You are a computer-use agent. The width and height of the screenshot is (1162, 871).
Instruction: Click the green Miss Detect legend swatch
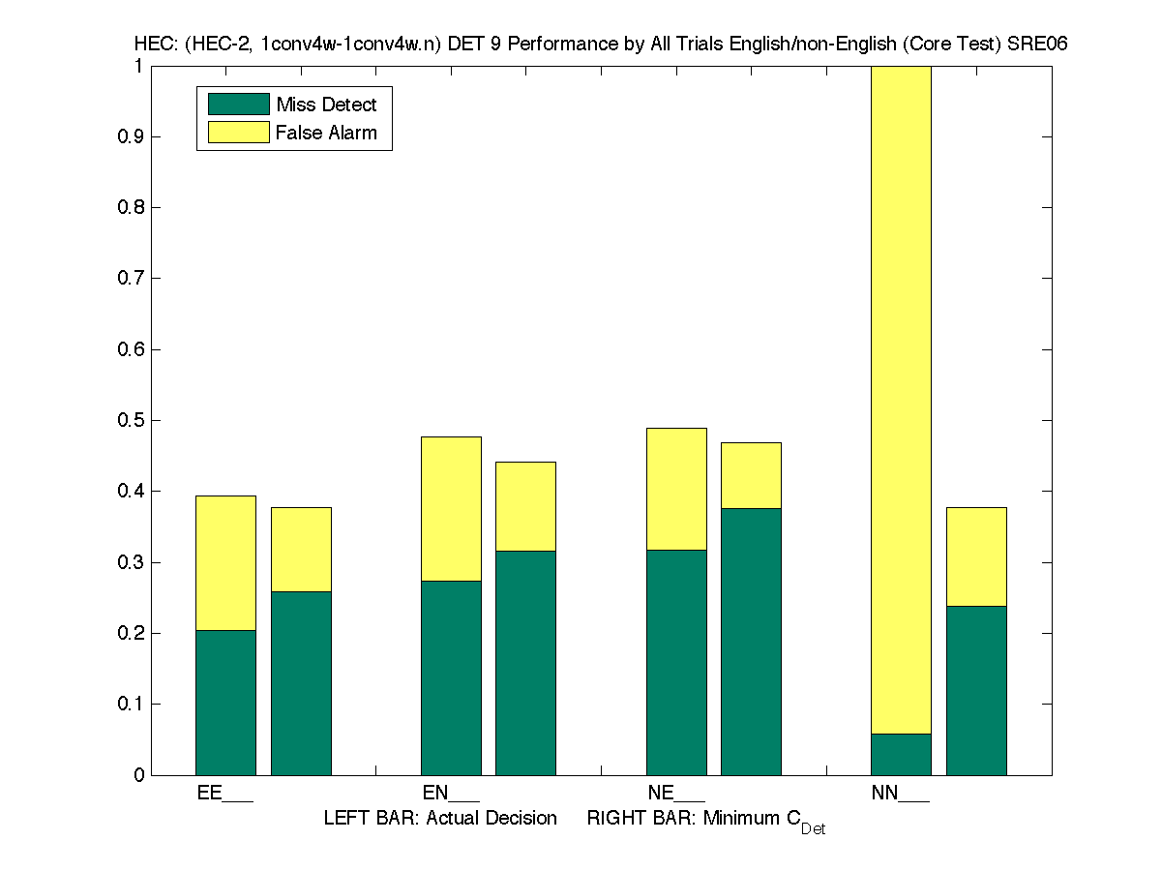coord(238,105)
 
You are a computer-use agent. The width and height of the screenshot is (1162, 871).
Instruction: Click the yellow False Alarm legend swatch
coord(238,133)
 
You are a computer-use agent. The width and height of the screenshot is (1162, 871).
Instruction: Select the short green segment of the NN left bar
coord(901,754)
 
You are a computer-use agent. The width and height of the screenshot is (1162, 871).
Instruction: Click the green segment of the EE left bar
coord(225,703)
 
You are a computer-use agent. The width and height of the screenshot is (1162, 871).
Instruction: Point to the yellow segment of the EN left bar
coord(451,509)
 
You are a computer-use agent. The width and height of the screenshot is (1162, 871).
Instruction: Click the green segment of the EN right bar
coord(525,663)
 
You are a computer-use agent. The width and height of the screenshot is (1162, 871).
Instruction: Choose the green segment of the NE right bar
coord(751,642)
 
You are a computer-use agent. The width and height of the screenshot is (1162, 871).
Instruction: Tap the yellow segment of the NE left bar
coord(676,489)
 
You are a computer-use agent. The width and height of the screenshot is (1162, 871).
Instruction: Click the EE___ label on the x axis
coord(224,794)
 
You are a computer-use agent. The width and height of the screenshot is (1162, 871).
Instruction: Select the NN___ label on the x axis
coord(900,794)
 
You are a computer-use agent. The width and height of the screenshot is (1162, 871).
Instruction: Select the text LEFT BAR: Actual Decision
coord(440,819)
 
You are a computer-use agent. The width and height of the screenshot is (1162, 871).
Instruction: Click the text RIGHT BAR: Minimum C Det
coord(706,821)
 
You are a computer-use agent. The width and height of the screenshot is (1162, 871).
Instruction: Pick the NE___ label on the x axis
coord(675,794)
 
